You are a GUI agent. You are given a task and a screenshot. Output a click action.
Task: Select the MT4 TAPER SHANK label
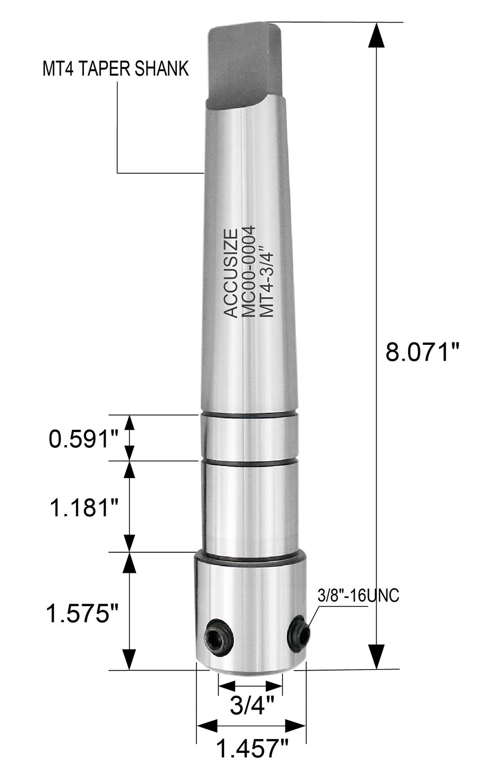[x=115, y=69]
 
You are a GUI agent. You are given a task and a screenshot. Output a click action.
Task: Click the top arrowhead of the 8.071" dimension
[x=377, y=36]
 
